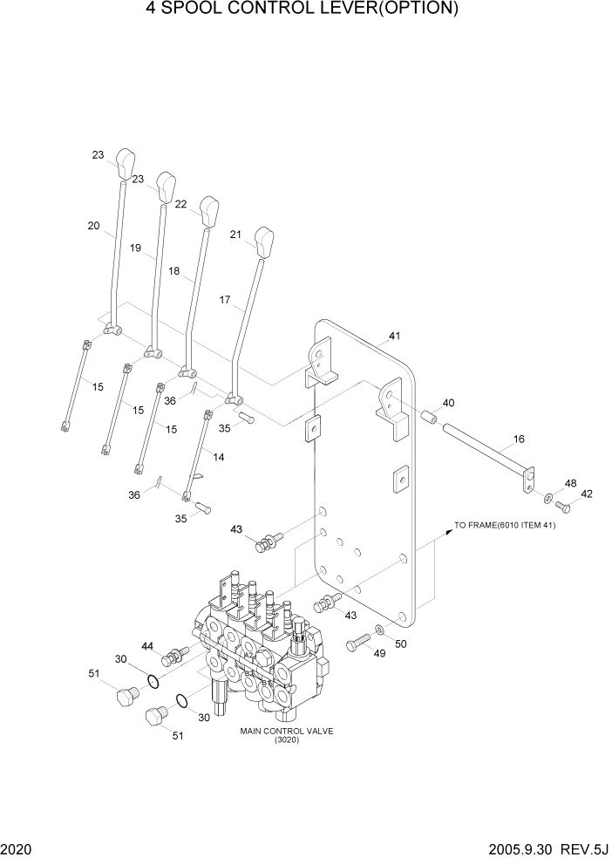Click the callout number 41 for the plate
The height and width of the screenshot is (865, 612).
[394, 336]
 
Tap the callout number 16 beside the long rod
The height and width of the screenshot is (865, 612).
[519, 439]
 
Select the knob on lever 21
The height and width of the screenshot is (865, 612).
[265, 241]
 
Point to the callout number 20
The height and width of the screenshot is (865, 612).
[93, 226]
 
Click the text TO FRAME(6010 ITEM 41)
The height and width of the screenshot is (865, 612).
[505, 526]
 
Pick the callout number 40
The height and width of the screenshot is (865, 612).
[448, 403]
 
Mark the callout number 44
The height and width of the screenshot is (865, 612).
[148, 646]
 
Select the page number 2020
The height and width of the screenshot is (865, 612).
[15, 850]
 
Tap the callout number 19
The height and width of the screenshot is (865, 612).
[136, 249]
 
